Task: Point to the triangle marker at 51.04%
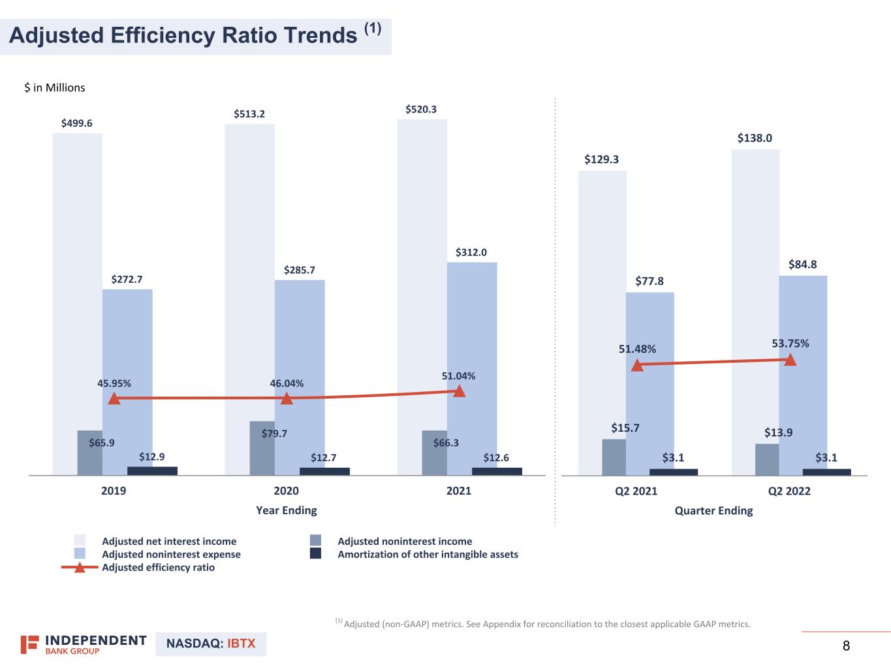(460, 391)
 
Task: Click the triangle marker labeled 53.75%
(790, 359)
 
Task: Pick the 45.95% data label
(114, 383)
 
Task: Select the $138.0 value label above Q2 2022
(755, 138)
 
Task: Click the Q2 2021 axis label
(636, 491)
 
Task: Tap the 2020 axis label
(286, 491)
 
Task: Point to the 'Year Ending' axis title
(286, 510)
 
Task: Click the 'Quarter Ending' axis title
(713, 511)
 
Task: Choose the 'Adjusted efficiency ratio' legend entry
(158, 568)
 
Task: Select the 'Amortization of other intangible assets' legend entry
(428, 555)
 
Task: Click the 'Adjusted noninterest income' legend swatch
(316, 541)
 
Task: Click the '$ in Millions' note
(55, 88)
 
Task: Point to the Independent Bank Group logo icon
(29, 644)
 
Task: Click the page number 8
(847, 646)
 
